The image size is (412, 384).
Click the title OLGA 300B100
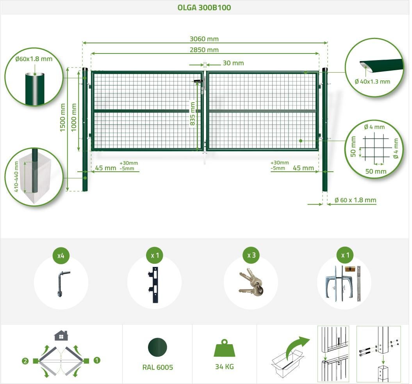pos(204,7)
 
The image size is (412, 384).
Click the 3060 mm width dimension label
pos(204,39)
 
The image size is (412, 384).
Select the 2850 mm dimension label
pos(204,50)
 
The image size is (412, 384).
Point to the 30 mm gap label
pos(233,63)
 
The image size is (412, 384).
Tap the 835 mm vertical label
pos(193,114)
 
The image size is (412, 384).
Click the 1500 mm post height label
pos(62,117)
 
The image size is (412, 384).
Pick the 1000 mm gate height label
pos(74,117)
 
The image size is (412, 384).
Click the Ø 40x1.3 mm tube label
pos(372,82)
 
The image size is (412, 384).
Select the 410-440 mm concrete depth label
pos(16,176)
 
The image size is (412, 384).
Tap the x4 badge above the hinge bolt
pos(61,255)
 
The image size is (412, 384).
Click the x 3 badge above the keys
pos(251,255)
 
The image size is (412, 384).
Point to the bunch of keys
pos(251,283)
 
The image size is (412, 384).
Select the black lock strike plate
pos(154,285)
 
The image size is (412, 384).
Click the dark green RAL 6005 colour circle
pos(157,347)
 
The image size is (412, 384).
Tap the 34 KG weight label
pos(225,367)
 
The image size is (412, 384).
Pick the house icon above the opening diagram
pos(61,335)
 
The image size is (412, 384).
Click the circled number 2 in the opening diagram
pos(25,361)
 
